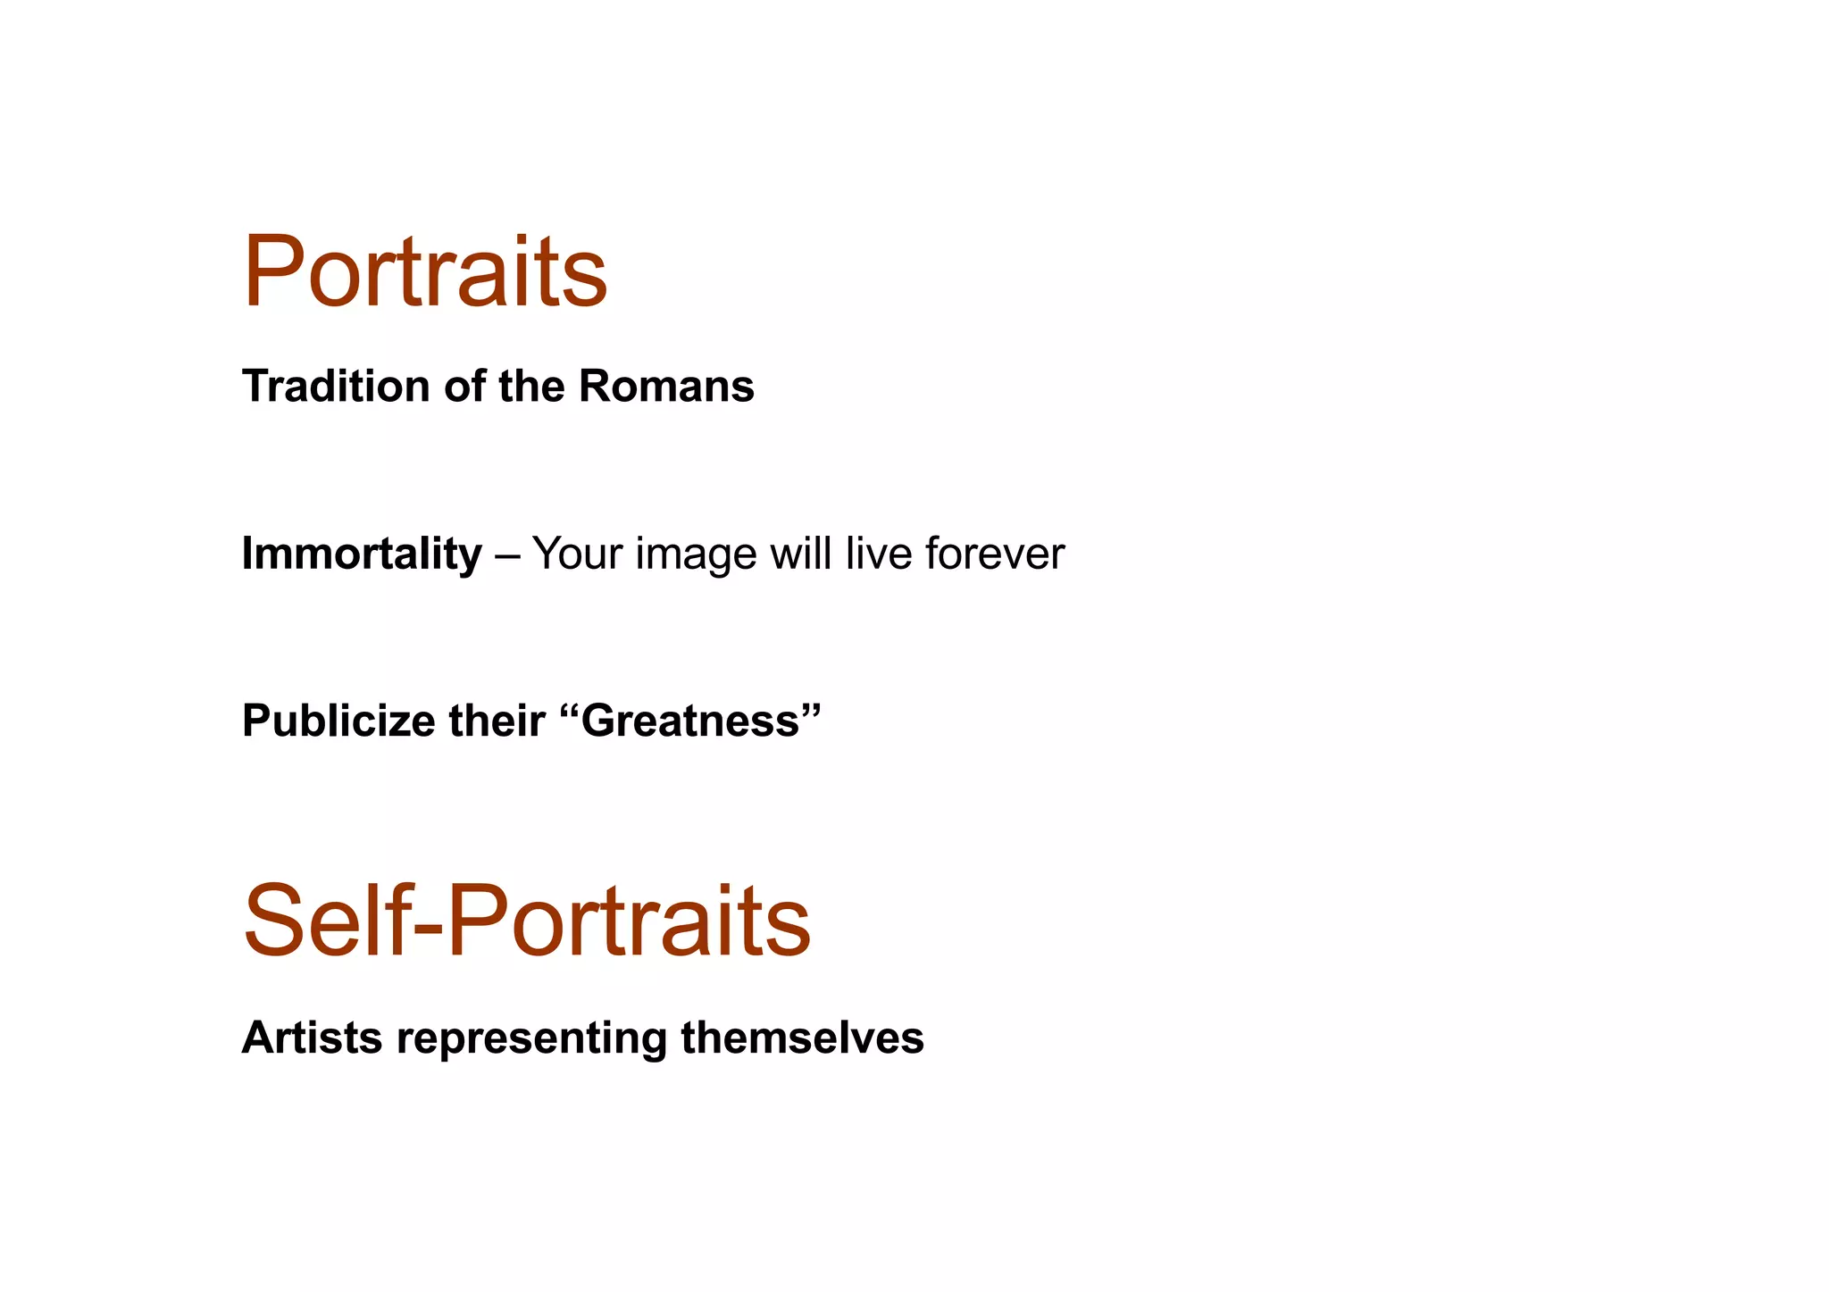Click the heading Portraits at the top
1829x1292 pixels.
(425, 271)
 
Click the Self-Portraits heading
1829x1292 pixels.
(527, 921)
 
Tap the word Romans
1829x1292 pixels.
(666, 387)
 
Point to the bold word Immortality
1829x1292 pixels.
(362, 554)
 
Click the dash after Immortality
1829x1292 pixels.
(506, 555)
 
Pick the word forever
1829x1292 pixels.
(995, 554)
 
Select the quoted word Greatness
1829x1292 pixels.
(690, 721)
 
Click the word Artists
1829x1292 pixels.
(312, 1038)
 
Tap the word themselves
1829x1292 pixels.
(802, 1038)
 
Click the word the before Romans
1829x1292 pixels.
(531, 387)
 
